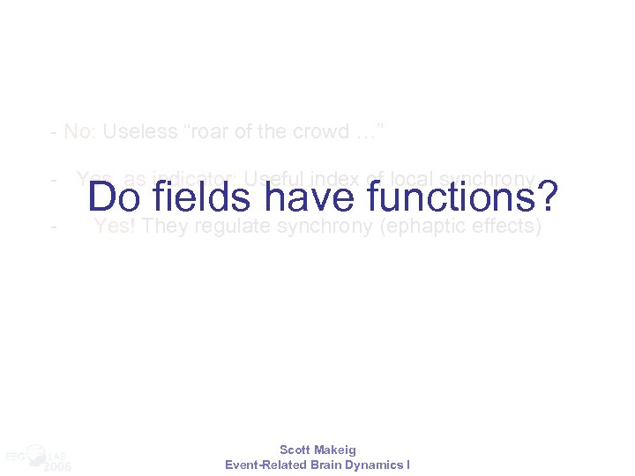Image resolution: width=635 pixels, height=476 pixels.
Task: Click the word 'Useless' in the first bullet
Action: point(133,132)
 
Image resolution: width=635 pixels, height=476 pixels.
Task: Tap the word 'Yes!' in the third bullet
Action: point(114,227)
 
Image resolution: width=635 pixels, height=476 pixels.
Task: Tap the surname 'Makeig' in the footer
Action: point(336,450)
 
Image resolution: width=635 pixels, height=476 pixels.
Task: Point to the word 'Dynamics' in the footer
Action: point(376,465)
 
